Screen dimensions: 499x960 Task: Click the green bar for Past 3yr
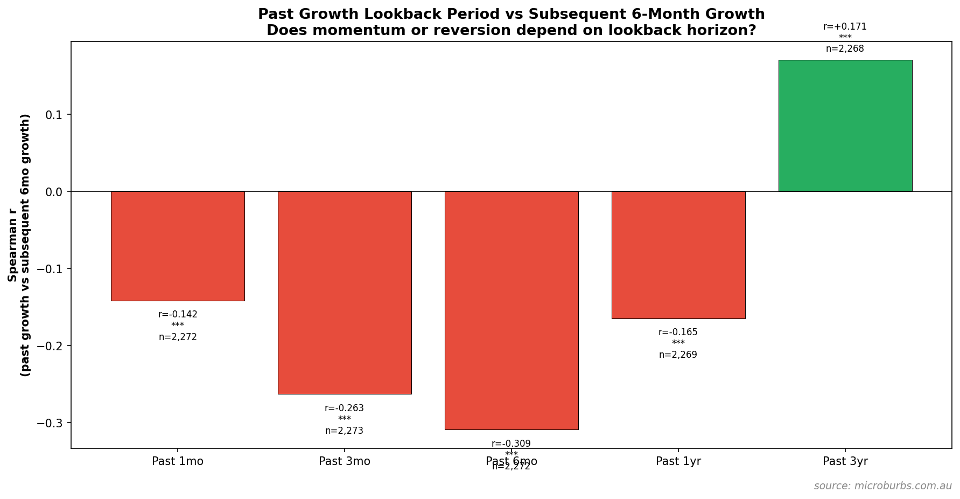point(845,126)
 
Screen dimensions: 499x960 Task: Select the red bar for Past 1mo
point(178,246)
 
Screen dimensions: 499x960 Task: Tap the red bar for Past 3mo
point(345,293)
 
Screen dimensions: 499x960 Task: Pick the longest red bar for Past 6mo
point(511,310)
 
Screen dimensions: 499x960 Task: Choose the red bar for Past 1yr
point(678,255)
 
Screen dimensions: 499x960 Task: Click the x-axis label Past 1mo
point(178,462)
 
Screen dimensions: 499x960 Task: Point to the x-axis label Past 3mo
point(345,462)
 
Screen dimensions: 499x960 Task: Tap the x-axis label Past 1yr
point(678,462)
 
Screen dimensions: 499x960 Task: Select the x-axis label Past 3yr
point(845,462)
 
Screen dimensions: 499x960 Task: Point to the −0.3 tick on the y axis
point(50,423)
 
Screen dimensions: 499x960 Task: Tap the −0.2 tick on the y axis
point(50,346)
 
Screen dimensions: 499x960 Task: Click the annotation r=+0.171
point(845,27)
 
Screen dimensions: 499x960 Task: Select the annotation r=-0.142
point(178,315)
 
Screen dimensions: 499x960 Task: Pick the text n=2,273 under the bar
point(345,431)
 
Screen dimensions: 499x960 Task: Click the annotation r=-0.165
point(678,332)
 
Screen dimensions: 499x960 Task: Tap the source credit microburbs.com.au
point(882,486)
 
